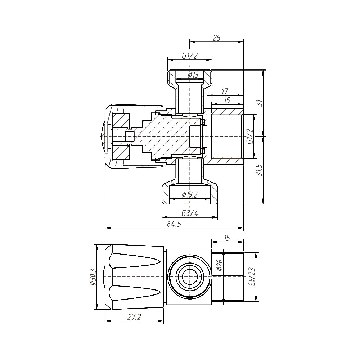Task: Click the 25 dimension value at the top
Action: pos(216,38)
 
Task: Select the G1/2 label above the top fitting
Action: pos(189,55)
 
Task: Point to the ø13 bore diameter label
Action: pos(193,75)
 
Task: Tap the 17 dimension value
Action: pos(225,91)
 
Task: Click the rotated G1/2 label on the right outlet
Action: pos(249,136)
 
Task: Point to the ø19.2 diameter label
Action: pos(190,195)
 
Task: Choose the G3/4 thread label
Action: pos(190,213)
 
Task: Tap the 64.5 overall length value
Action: pos(174,224)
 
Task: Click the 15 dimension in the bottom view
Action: pos(227,238)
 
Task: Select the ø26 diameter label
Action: pos(220,266)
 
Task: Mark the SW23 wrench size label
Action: pos(252,276)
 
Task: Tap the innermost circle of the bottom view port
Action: pos(189,277)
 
